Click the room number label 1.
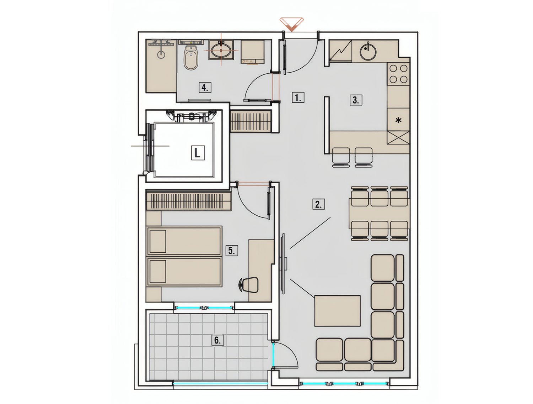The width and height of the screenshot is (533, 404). click(298, 98)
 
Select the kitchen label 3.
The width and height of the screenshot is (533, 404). click(356, 100)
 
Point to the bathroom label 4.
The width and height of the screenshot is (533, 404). click(205, 87)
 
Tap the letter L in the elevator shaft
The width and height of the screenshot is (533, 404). click(198, 153)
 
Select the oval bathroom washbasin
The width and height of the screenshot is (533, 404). click(221, 50)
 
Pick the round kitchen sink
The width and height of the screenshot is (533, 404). click(368, 52)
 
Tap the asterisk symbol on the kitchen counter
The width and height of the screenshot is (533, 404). click(398, 120)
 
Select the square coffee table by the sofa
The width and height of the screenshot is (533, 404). click(337, 311)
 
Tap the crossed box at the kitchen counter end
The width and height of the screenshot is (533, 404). click(398, 137)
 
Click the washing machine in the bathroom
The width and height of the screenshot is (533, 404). click(253, 52)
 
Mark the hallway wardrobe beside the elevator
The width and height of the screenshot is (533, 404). click(251, 121)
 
